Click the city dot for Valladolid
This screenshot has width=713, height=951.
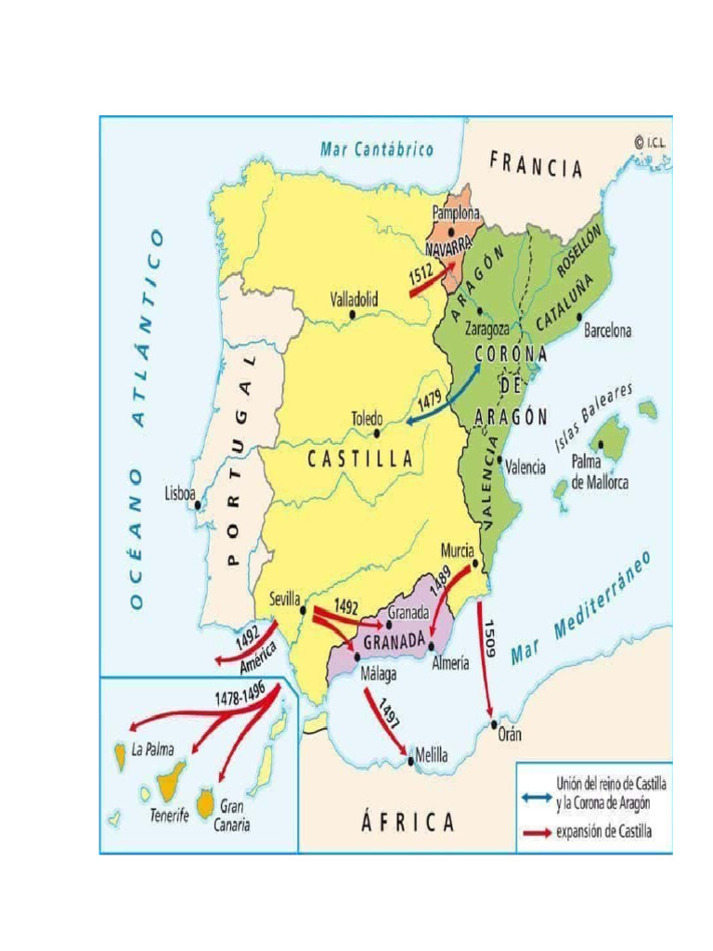[353, 315]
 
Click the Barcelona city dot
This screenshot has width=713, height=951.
[580, 316]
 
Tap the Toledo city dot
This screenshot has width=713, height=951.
[377, 433]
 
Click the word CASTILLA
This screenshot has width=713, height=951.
[360, 458]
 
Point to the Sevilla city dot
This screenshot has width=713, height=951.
[305, 610]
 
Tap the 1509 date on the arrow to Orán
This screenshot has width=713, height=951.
[489, 638]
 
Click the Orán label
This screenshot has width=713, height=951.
[509, 734]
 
